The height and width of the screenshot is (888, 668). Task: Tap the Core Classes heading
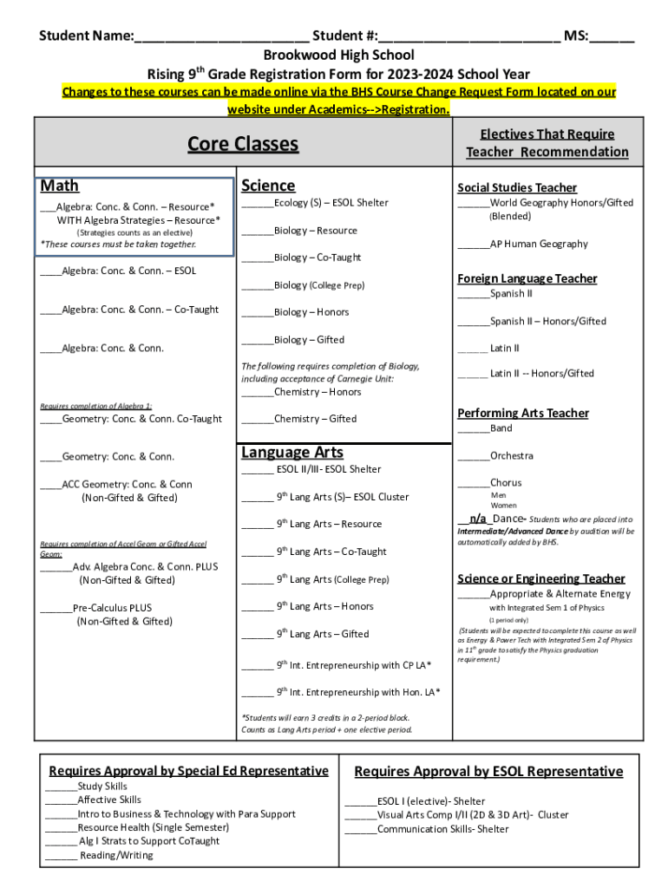click(x=243, y=144)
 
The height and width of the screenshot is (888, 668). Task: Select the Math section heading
click(x=59, y=186)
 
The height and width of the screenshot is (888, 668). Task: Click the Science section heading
click(x=268, y=186)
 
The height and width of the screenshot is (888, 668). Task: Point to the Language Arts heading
click(x=292, y=452)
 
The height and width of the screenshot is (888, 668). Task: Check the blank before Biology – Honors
click(x=257, y=313)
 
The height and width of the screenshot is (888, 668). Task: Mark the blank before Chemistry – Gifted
click(x=257, y=420)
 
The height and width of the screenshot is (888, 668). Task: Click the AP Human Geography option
click(x=539, y=244)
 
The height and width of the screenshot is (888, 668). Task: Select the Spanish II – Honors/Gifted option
click(x=547, y=321)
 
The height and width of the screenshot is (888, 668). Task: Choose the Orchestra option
click(x=511, y=455)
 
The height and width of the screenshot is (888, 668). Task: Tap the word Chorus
click(x=506, y=483)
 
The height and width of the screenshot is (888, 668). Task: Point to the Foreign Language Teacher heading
click(x=527, y=278)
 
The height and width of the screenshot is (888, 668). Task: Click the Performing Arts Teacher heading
click(x=522, y=413)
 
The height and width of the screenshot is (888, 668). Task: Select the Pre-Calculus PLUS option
click(x=112, y=608)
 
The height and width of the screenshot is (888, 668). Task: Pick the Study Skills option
click(x=102, y=786)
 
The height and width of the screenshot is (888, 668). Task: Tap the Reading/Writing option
click(x=116, y=855)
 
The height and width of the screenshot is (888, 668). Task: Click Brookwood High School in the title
click(x=334, y=55)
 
